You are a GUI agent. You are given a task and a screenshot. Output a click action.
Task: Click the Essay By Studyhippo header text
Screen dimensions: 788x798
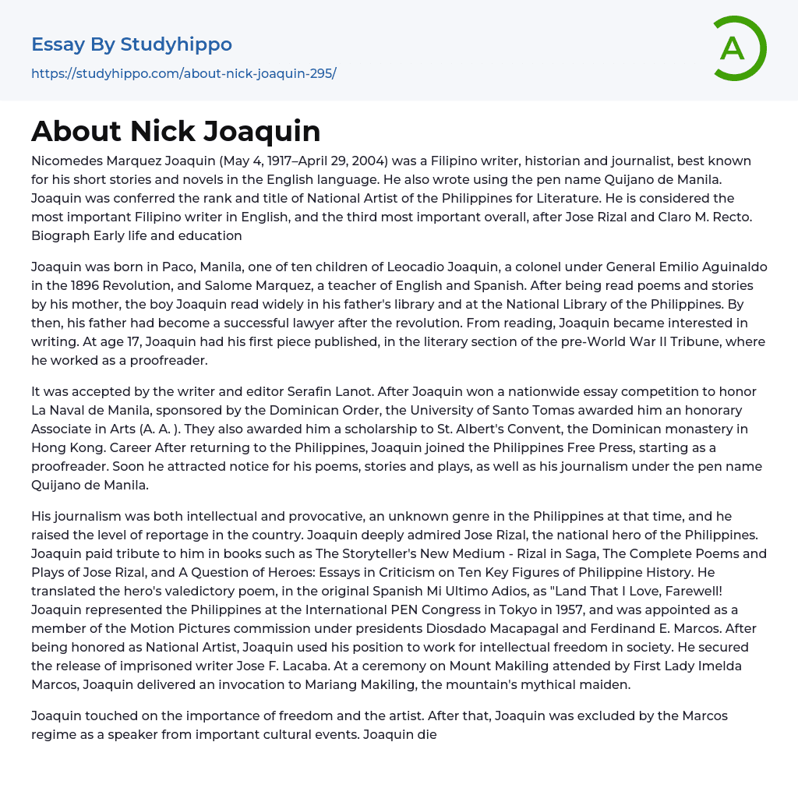(132, 44)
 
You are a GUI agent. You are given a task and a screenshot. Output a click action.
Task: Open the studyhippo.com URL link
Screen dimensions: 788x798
(184, 73)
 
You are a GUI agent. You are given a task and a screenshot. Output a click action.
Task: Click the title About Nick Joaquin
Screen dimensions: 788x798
(176, 131)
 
